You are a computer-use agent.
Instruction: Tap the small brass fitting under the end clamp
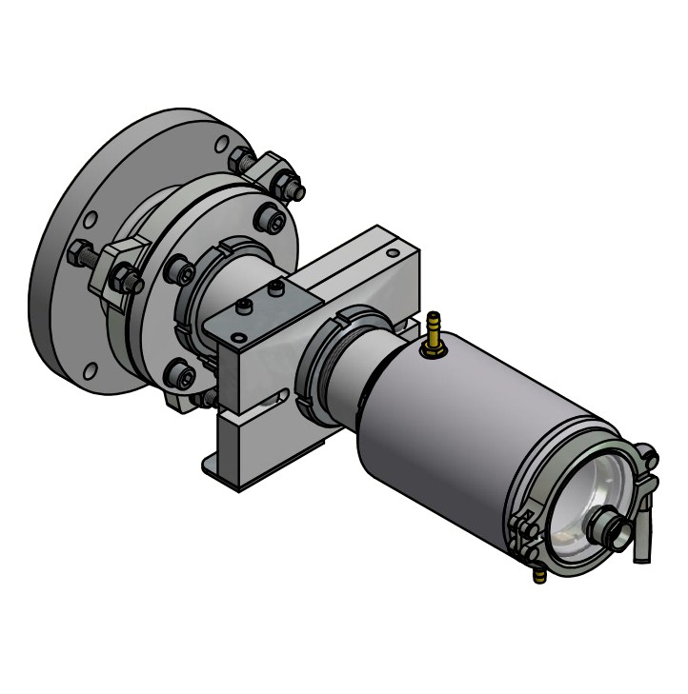(539, 574)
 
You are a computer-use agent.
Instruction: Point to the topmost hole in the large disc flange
(221, 144)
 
